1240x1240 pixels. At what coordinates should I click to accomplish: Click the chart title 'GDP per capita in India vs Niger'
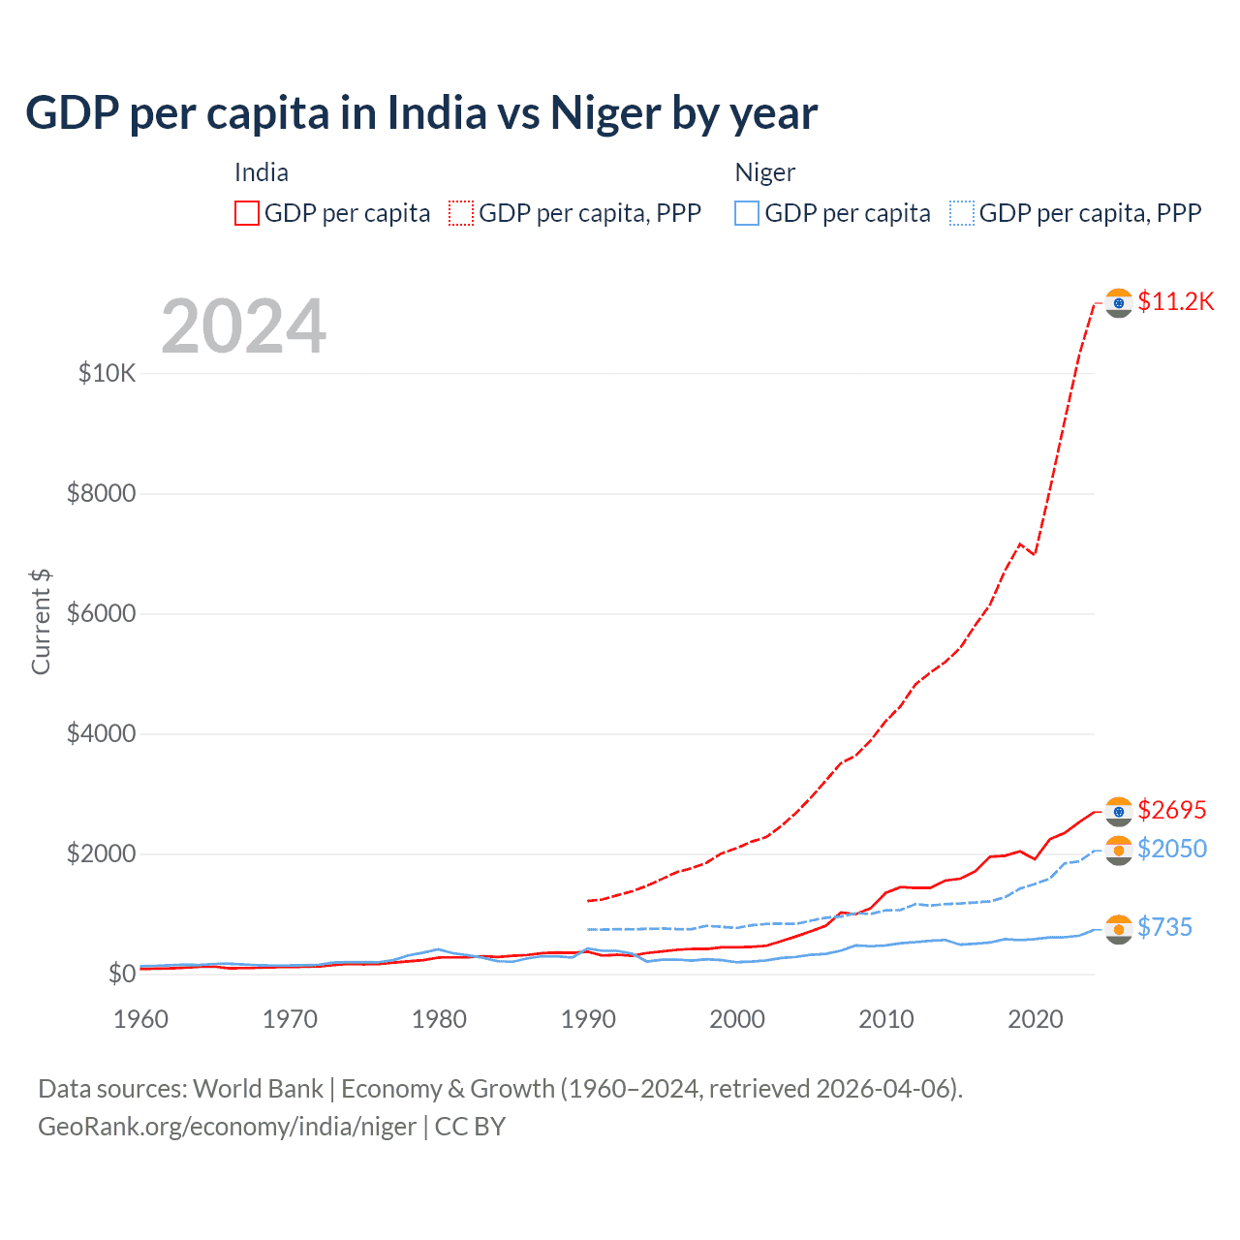click(x=421, y=113)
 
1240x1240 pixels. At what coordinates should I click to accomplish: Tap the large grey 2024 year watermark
click(x=243, y=327)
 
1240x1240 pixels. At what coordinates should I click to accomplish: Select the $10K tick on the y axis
click(x=107, y=373)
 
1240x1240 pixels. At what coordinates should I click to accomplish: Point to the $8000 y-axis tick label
click(x=101, y=493)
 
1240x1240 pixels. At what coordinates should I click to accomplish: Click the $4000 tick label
click(x=101, y=733)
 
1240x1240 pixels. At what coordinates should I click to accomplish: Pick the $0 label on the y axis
click(x=121, y=974)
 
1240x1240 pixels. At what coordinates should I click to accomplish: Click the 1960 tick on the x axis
click(x=141, y=1019)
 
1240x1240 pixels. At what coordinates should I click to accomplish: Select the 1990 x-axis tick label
click(x=588, y=1019)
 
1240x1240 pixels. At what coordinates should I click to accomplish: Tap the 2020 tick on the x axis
click(x=1036, y=1019)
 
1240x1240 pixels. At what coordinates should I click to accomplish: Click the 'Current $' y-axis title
click(x=41, y=622)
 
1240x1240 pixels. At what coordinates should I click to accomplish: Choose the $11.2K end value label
click(x=1175, y=301)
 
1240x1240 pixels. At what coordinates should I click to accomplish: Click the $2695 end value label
click(x=1171, y=810)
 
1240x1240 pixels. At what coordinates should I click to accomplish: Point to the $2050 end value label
click(x=1171, y=849)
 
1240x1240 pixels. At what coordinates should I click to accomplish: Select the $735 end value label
click(x=1164, y=927)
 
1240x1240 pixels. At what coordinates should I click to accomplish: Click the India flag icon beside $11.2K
click(x=1119, y=303)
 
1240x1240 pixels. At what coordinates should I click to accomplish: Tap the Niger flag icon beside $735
click(x=1119, y=929)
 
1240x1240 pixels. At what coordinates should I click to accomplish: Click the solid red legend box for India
click(x=247, y=213)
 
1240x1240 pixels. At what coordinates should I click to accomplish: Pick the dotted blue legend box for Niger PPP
click(x=962, y=213)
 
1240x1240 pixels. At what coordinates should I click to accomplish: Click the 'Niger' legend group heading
click(x=764, y=172)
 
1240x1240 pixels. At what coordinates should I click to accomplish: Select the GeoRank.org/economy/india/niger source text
click(x=227, y=1127)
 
